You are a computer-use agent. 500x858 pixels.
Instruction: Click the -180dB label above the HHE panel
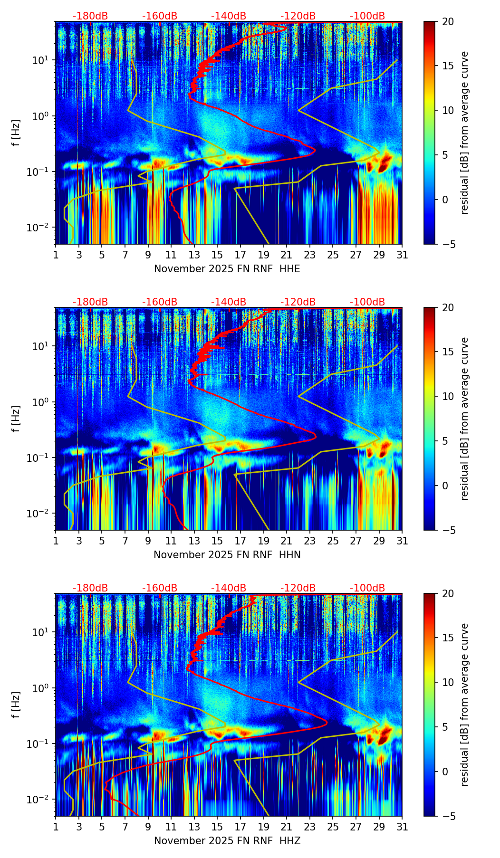point(90,16)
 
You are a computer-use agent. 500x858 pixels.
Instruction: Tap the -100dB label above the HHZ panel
point(367,588)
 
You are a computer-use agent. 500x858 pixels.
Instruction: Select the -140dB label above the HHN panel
point(229,302)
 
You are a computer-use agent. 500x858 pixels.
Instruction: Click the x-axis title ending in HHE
point(227,269)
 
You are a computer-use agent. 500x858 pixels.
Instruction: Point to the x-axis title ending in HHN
point(227,555)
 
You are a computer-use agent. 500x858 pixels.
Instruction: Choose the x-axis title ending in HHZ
point(227,841)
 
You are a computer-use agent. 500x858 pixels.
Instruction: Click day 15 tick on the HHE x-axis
point(217,255)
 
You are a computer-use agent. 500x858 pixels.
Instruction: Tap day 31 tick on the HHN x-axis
point(402,541)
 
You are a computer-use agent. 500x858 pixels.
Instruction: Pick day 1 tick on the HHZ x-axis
point(56,827)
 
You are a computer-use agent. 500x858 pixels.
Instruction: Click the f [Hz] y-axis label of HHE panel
point(16,133)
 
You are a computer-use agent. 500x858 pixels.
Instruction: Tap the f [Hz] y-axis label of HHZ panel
point(16,705)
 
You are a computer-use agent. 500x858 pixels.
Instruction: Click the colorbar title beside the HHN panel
point(465,419)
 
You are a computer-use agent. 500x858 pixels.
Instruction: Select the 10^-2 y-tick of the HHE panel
point(41,228)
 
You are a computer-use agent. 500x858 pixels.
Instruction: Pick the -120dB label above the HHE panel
point(298,16)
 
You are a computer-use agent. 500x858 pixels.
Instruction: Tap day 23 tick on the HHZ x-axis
point(309,827)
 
